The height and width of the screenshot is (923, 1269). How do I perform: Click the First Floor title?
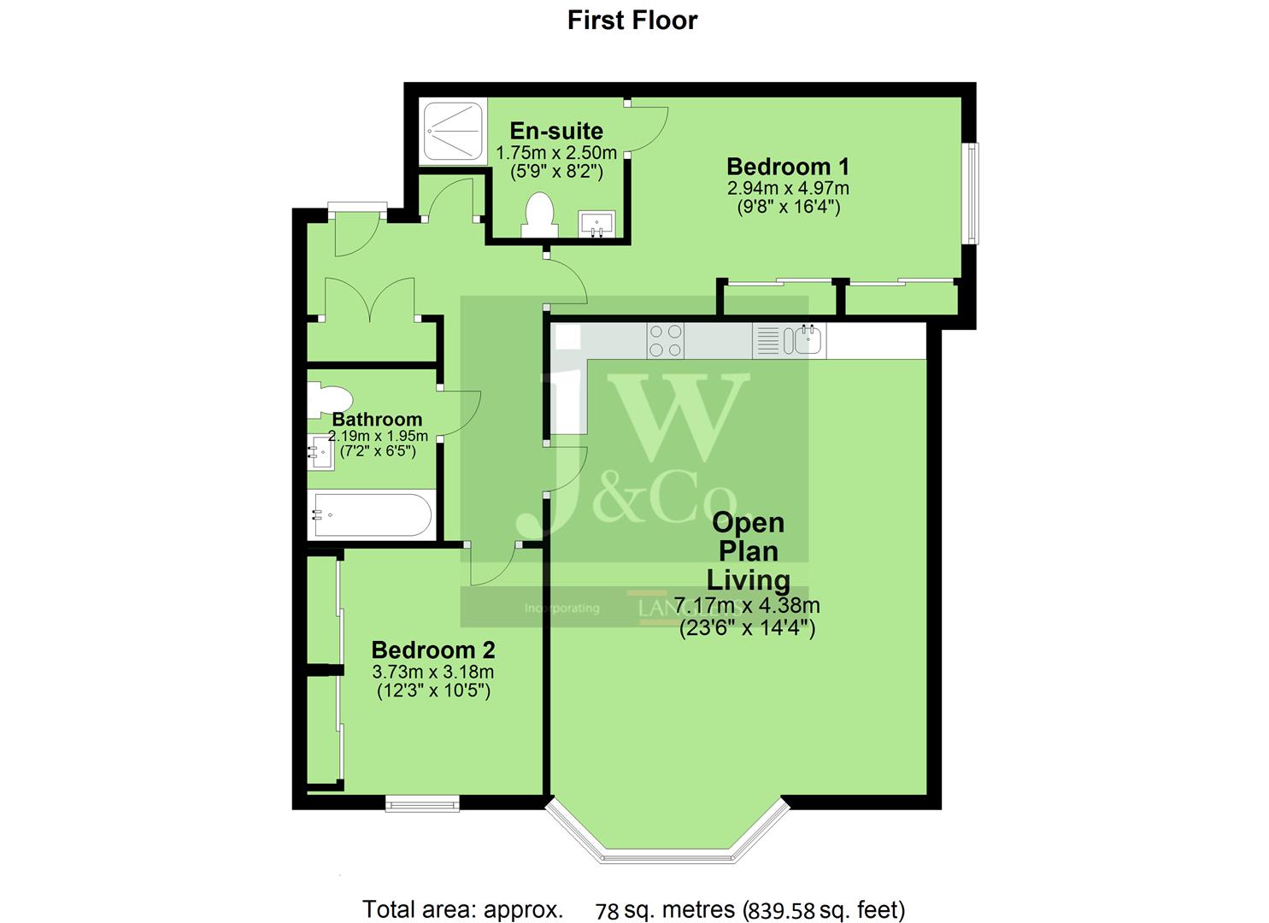click(x=632, y=21)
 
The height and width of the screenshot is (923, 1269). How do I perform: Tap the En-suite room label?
click(x=556, y=131)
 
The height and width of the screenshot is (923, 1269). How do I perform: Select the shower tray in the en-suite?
click(x=453, y=132)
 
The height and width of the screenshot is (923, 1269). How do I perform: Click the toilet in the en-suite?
click(x=539, y=215)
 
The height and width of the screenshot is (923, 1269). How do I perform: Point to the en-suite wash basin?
click(x=596, y=224)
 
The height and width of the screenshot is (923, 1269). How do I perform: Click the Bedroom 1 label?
click(x=788, y=166)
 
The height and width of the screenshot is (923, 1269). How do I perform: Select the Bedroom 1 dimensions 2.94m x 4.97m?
click(x=788, y=188)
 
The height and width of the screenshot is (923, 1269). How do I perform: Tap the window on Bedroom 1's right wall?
click(x=972, y=193)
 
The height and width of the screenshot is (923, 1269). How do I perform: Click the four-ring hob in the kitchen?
click(x=665, y=340)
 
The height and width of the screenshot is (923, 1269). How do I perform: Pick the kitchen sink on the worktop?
click(x=807, y=340)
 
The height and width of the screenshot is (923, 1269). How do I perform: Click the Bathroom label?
click(x=377, y=419)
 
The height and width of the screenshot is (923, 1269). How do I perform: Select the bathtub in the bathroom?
click(x=372, y=514)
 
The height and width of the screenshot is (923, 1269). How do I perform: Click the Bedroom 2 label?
click(x=433, y=650)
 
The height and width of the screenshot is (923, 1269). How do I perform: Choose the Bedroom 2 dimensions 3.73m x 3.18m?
click(x=433, y=672)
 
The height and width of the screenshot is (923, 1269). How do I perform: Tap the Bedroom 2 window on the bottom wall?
click(x=421, y=802)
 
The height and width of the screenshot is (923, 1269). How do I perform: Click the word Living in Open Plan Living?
click(x=748, y=580)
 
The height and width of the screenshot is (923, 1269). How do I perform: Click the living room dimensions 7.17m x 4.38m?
click(x=747, y=606)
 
